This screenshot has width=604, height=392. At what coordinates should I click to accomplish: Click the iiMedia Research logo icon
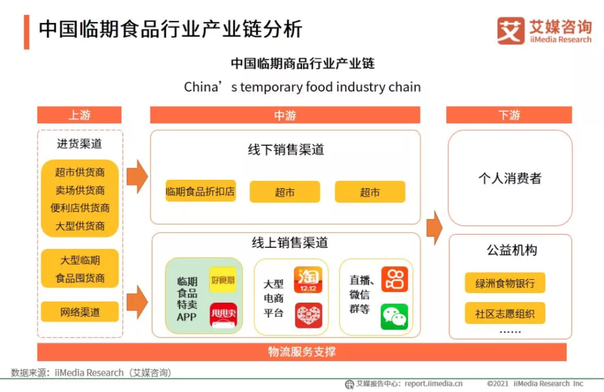tap(511, 31)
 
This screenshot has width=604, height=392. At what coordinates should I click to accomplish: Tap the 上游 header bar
tap(79, 115)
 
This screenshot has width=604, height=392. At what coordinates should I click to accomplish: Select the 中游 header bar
tap(285, 115)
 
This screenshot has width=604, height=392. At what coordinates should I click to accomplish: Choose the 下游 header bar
tap(509, 115)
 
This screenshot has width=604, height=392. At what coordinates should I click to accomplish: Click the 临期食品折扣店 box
tap(201, 191)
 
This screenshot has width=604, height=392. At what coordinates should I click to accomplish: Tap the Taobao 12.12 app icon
tap(308, 280)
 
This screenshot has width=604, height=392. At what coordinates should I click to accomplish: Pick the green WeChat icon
tap(394, 317)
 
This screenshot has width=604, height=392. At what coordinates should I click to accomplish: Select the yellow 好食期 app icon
tap(223, 280)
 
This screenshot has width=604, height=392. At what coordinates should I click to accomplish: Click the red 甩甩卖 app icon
tap(223, 315)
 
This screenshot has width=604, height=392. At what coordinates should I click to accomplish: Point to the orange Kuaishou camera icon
tap(394, 279)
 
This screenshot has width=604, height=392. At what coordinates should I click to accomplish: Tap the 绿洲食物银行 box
tap(505, 283)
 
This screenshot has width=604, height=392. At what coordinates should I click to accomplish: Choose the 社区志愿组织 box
tap(505, 314)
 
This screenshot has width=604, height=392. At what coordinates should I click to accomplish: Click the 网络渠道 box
tap(80, 312)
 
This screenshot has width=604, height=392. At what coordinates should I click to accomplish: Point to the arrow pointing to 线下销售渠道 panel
tap(137, 177)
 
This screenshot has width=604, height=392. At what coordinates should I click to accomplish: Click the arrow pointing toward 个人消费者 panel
tap(435, 227)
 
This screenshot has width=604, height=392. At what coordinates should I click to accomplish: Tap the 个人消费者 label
tap(510, 179)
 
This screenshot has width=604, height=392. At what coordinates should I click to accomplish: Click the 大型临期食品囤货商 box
tap(80, 268)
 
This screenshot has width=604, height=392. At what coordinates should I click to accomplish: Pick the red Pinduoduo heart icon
tap(308, 315)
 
